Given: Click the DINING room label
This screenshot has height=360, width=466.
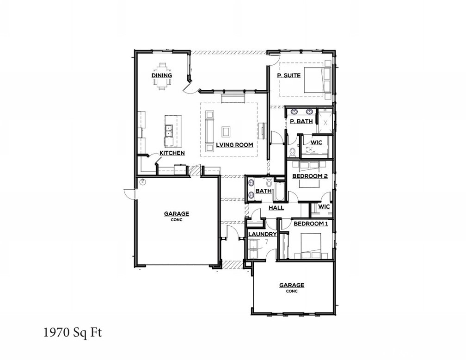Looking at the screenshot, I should tap(162, 75).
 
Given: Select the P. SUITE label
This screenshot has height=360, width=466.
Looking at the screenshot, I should tap(288, 75).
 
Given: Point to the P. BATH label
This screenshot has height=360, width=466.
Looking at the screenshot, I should tap(301, 122).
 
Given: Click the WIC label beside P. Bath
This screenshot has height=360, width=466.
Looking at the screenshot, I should tap(316, 143).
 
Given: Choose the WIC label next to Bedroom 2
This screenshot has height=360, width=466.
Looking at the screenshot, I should tap(324, 206).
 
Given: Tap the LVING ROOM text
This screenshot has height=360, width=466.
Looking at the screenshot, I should tap(234, 145).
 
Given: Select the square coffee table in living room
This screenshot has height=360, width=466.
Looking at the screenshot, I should tap(226, 132).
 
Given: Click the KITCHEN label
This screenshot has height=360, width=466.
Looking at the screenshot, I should tap(172, 153).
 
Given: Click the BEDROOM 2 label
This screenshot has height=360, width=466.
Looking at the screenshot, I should tap(310, 176).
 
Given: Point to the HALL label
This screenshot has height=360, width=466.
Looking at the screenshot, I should tap(276, 208).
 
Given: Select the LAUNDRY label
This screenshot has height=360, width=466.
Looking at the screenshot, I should tap(262, 234).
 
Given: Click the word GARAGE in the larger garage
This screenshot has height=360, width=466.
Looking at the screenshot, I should tap(176, 214).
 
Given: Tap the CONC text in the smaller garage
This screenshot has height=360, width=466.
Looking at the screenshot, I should tap(291, 291).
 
